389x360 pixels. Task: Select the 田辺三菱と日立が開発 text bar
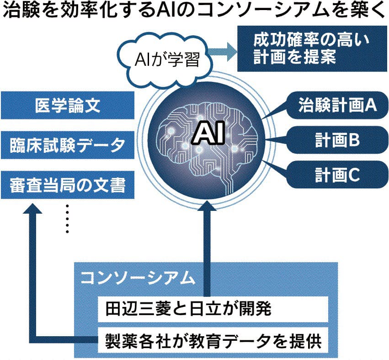(x=213, y=310)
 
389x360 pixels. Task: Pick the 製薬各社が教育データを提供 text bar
(x=213, y=341)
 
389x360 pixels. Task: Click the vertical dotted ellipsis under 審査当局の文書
(x=67, y=219)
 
